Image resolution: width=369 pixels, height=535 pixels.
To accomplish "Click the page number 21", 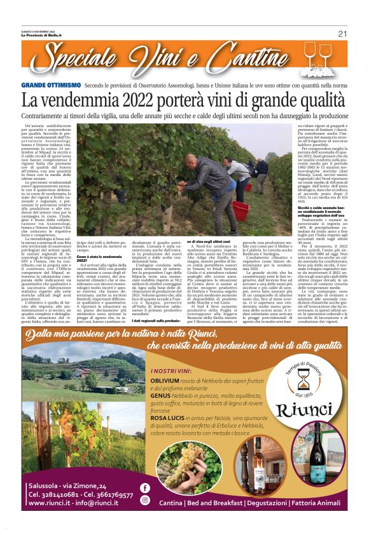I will tap(342, 34).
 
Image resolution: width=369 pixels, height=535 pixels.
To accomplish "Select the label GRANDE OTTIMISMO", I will tap(51, 85).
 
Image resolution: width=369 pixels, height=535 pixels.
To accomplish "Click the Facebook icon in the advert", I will tap(144, 488).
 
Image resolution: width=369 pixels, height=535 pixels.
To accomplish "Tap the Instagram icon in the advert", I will tap(144, 500).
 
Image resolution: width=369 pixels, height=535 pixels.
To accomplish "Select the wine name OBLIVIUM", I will tap(165, 381).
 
